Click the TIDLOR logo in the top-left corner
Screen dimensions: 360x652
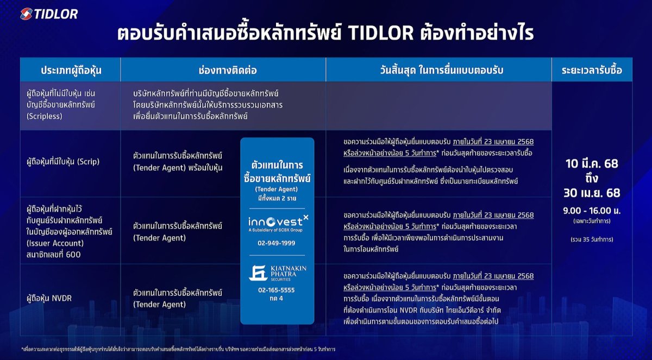point(49,14)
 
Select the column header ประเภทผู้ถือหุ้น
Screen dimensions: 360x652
point(71,70)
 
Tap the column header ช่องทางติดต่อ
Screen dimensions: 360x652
point(224,70)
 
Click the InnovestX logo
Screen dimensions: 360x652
point(277,223)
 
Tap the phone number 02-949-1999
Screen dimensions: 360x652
point(277,243)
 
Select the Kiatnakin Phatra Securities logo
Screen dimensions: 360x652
point(277,271)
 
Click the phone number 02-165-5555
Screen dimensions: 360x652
point(277,290)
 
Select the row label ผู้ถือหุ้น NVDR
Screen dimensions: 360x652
point(49,298)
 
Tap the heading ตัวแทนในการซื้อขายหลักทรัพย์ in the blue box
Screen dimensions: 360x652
point(277,172)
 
